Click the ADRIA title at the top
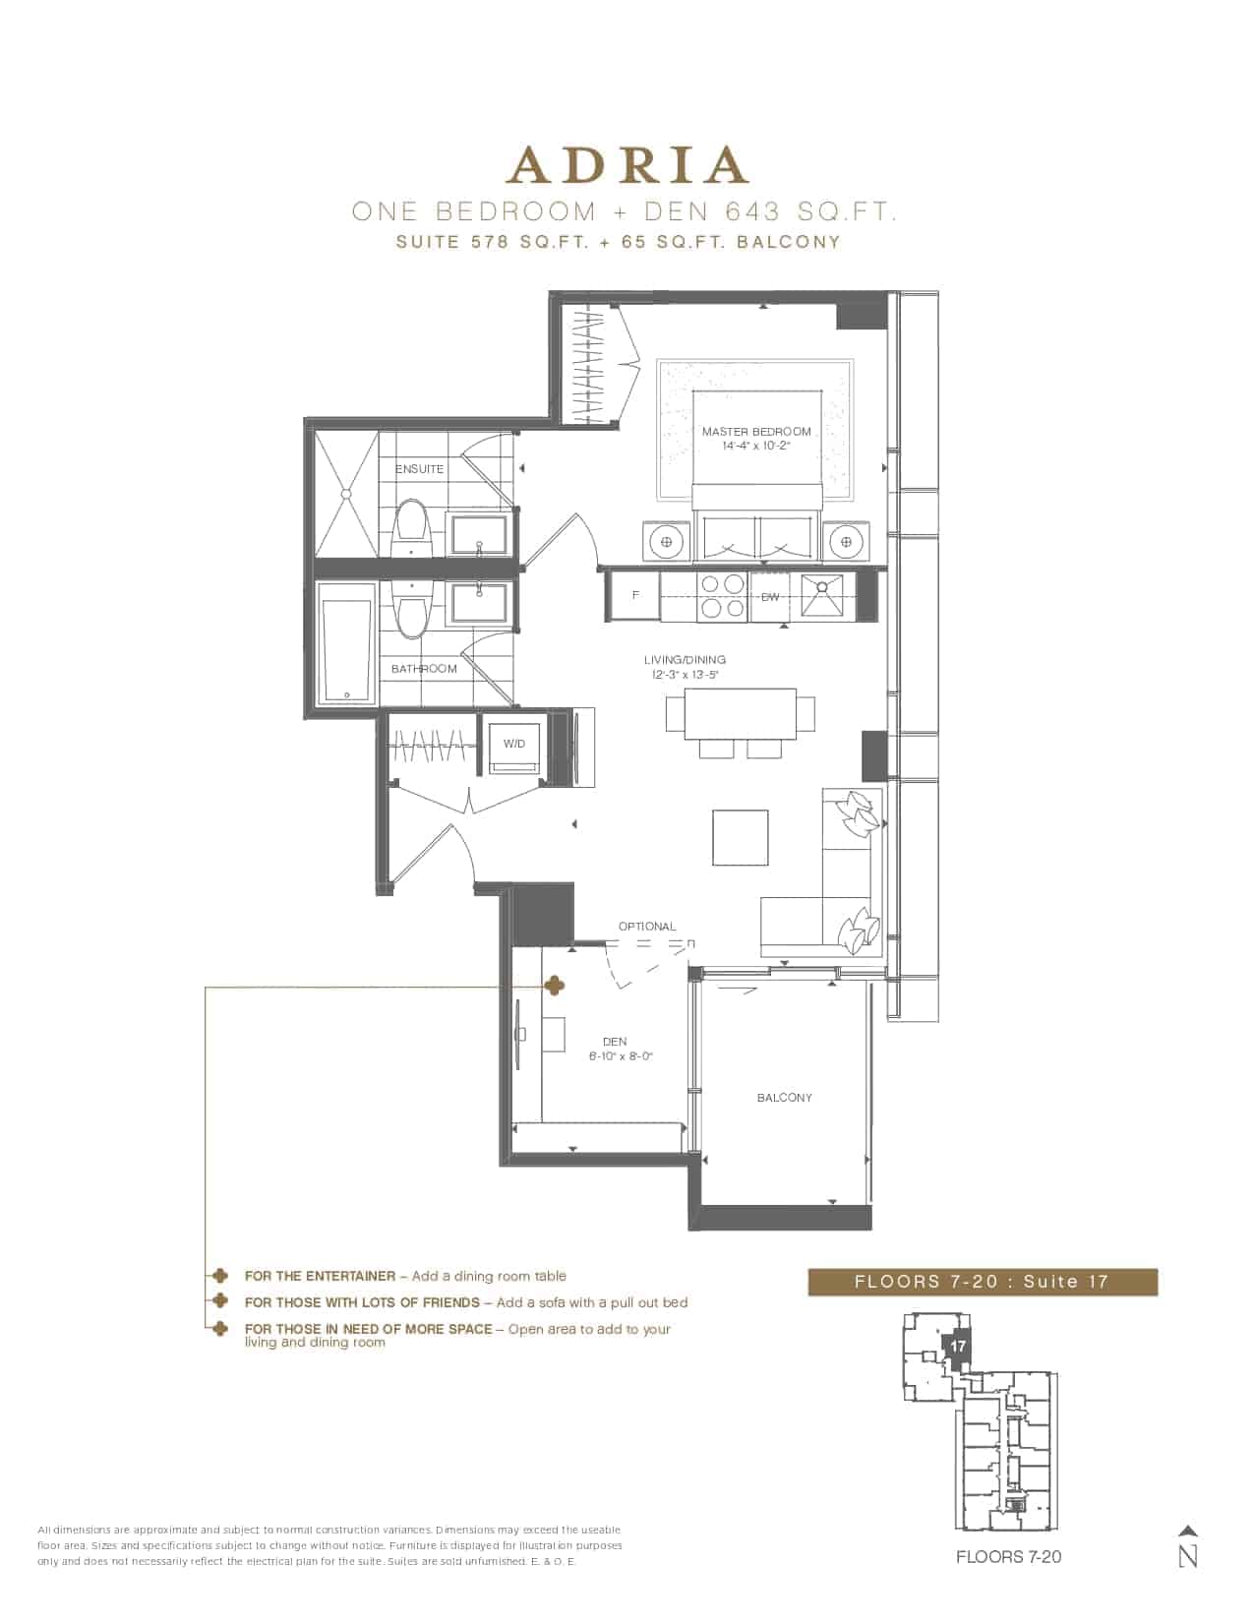pyautogui.click(x=627, y=165)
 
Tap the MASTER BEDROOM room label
pyautogui.click(x=755, y=432)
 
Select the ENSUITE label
pyautogui.click(x=419, y=469)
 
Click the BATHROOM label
pyautogui.click(x=424, y=669)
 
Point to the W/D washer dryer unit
pyautogui.click(x=513, y=749)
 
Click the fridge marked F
pyautogui.click(x=634, y=595)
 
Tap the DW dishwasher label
pyautogui.click(x=770, y=597)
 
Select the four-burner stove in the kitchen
pyautogui.click(x=722, y=596)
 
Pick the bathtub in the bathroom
pyautogui.click(x=346, y=643)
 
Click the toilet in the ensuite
pyautogui.click(x=410, y=527)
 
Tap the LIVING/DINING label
pyautogui.click(x=685, y=659)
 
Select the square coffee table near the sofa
pyautogui.click(x=741, y=837)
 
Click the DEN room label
pyautogui.click(x=615, y=1041)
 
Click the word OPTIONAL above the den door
pyautogui.click(x=647, y=927)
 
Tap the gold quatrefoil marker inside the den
pyautogui.click(x=554, y=987)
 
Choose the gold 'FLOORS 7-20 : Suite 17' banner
pyautogui.click(x=983, y=1282)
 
